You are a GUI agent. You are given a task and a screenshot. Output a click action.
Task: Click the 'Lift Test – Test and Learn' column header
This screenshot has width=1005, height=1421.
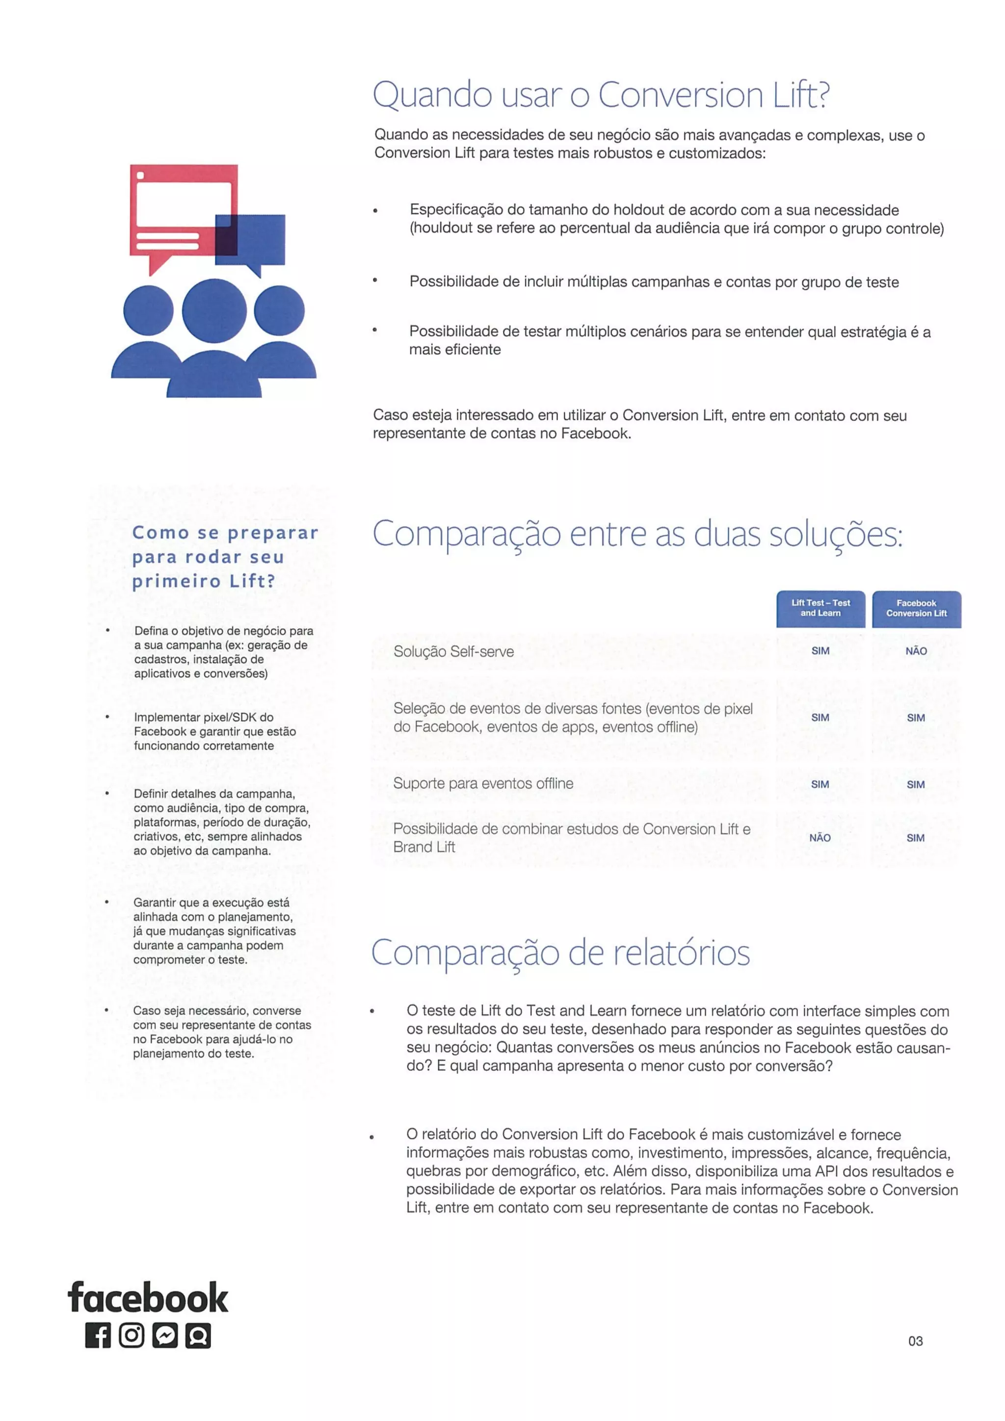pyautogui.click(x=820, y=608)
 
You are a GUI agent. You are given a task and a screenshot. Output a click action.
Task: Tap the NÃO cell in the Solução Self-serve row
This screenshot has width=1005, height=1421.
pyautogui.click(x=916, y=651)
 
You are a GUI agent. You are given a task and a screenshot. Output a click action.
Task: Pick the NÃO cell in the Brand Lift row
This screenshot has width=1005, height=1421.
pyautogui.click(x=820, y=837)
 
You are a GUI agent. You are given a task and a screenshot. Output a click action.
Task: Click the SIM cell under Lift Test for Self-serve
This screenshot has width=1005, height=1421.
pyautogui.click(x=820, y=651)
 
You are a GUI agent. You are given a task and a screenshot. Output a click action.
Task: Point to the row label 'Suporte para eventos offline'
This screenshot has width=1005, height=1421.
pyautogui.click(x=483, y=783)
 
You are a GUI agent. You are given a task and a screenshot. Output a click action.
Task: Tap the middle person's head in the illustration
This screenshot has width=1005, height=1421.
pyautogui.click(x=214, y=310)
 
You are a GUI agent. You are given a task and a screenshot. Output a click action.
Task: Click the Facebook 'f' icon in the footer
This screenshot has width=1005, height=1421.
pyautogui.click(x=98, y=1336)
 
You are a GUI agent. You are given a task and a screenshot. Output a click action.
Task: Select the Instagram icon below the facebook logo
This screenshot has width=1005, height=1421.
pyautogui.click(x=132, y=1336)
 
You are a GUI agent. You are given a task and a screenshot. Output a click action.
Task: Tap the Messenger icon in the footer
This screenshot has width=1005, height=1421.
pyautogui.click(x=165, y=1336)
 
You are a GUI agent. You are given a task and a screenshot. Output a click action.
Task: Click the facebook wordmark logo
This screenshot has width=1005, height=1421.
pyautogui.click(x=148, y=1298)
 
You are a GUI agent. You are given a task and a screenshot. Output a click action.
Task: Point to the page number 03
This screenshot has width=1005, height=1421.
pyautogui.click(x=915, y=1341)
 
